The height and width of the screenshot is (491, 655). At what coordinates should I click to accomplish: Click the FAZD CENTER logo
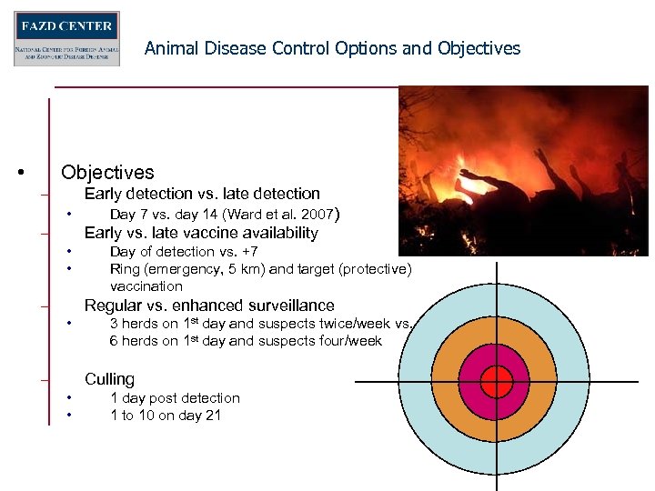click(x=66, y=38)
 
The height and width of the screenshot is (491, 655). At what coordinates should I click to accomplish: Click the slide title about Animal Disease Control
click(x=332, y=48)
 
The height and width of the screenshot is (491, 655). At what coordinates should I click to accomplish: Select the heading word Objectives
click(x=107, y=172)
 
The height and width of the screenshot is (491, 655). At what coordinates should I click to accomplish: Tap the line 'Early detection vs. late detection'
click(x=202, y=194)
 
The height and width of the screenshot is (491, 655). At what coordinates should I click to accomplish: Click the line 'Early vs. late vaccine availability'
click(x=201, y=234)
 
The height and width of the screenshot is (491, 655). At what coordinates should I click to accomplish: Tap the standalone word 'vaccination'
click(x=146, y=286)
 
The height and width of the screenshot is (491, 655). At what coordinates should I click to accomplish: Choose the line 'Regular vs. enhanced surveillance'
click(x=209, y=306)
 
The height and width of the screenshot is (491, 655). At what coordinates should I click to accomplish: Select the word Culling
click(x=109, y=379)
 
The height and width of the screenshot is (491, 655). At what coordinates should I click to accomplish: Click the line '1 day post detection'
click(x=175, y=398)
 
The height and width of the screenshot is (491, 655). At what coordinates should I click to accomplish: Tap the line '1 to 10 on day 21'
click(x=166, y=416)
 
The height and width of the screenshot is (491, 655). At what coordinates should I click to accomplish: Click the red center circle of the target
click(x=497, y=381)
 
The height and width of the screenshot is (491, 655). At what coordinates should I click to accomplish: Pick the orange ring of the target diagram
click(x=446, y=381)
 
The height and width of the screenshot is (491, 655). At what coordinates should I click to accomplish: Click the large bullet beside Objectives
click(x=21, y=173)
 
